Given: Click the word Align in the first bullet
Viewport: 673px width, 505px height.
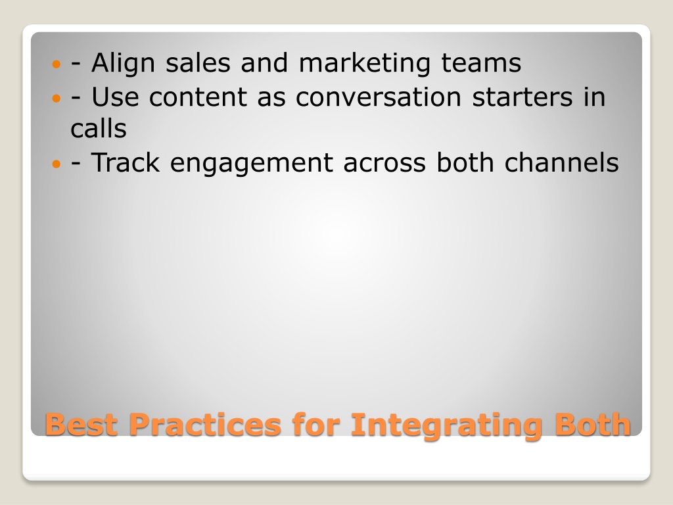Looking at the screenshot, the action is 123,64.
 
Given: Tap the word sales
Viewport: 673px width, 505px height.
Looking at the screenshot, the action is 198,62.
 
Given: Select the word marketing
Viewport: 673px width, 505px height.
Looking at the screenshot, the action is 364,64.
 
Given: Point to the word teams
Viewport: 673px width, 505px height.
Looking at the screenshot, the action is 481,62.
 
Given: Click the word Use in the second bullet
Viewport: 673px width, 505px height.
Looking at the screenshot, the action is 115,97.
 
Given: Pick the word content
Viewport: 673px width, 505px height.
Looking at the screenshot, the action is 198,97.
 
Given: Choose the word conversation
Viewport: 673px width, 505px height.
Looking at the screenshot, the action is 378,97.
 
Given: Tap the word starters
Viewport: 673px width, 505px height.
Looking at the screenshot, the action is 522,97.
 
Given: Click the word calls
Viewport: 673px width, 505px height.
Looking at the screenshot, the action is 99,128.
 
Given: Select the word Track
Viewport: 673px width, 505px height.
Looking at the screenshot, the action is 126,162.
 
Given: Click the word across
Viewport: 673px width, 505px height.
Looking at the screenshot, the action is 384,163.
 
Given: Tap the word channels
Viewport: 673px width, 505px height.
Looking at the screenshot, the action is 561,162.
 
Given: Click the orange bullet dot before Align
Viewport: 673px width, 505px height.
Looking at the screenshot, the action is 57,65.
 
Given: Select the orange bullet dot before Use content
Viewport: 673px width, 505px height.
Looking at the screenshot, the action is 57,99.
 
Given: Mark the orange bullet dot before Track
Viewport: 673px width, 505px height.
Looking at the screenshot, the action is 57,164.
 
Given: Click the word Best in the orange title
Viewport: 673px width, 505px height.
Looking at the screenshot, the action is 81,424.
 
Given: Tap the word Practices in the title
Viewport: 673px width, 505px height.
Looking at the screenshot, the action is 205,424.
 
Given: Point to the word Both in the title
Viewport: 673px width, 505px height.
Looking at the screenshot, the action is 593,424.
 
